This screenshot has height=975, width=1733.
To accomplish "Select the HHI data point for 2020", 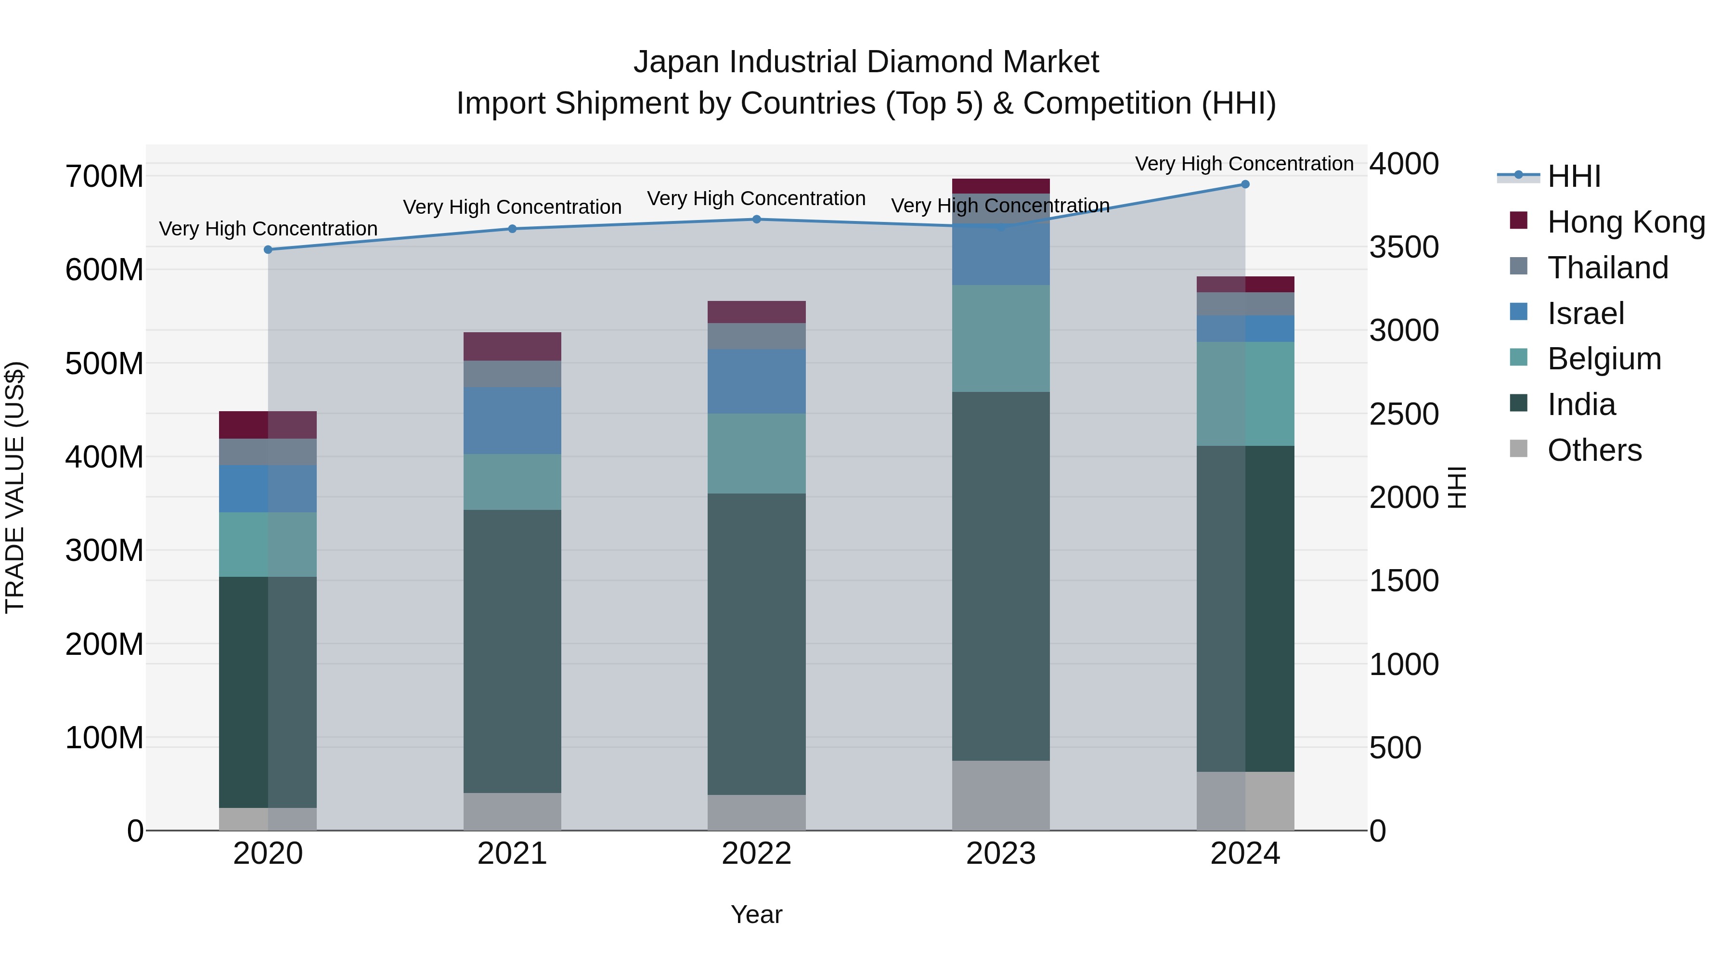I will point(268,249).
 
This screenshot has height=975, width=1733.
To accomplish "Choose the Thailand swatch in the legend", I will point(1518,266).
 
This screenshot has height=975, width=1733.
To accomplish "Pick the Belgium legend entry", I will point(1604,359).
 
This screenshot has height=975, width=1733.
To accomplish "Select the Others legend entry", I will point(1594,450).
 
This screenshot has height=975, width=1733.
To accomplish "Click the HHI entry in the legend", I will point(1574,176).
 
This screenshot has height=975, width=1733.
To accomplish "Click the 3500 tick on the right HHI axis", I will point(1404,247).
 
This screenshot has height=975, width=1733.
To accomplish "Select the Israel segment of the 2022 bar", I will point(756,381).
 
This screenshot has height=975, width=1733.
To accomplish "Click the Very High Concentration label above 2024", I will point(1244,164).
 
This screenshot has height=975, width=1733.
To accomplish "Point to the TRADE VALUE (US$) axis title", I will point(15,487).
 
